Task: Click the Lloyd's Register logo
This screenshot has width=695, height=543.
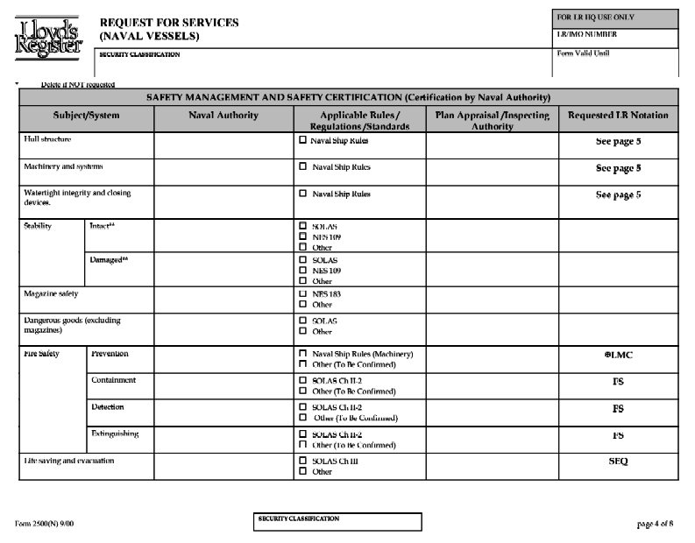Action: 49,39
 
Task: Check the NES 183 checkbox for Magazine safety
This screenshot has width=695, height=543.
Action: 303,294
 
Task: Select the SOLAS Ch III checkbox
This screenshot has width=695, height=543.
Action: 303,461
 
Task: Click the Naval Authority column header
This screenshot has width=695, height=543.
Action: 223,115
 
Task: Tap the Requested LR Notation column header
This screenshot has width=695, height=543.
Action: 618,115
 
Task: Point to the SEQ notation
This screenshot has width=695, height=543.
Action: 619,461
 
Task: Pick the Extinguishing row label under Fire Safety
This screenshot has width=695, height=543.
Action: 115,434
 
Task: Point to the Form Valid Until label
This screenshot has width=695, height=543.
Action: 584,53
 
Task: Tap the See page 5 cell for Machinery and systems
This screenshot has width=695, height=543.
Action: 619,167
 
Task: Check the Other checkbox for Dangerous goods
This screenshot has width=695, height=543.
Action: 303,331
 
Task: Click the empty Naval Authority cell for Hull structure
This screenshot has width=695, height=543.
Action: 223,143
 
